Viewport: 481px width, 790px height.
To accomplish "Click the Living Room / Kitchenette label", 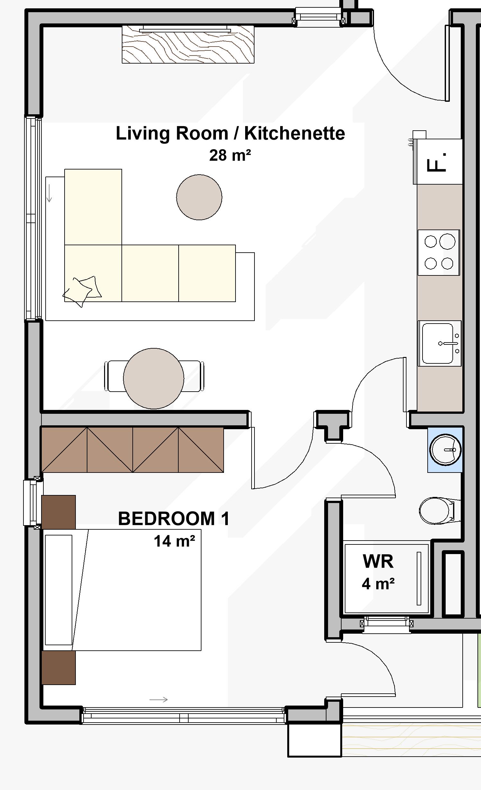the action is [x=230, y=134].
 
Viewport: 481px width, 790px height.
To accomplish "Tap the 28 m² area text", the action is [x=230, y=155].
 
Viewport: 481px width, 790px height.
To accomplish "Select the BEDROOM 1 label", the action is [x=174, y=518].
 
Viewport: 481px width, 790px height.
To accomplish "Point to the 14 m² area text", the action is [x=174, y=541].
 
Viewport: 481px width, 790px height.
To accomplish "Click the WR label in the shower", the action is [x=378, y=561].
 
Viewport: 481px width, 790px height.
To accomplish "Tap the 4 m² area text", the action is [x=378, y=584].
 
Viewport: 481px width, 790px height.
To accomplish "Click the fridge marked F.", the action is [x=438, y=161].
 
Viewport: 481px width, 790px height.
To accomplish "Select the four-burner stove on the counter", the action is [x=439, y=252].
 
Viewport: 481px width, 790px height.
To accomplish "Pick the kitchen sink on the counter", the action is [x=440, y=343].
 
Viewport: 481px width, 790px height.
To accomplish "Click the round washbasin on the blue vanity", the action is [x=445, y=449].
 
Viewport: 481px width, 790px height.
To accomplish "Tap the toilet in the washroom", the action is [x=440, y=510].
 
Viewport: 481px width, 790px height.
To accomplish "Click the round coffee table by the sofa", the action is [x=199, y=197].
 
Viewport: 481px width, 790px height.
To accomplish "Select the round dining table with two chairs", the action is [x=154, y=378].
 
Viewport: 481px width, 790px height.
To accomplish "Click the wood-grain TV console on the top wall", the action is [x=188, y=44].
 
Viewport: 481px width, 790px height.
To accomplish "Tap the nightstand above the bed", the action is [x=58, y=512].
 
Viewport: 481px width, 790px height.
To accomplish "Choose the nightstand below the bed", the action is [x=58, y=668].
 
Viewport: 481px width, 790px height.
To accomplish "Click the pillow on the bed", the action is [x=58, y=590].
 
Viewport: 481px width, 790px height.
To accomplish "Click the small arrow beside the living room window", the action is [x=49, y=193].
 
